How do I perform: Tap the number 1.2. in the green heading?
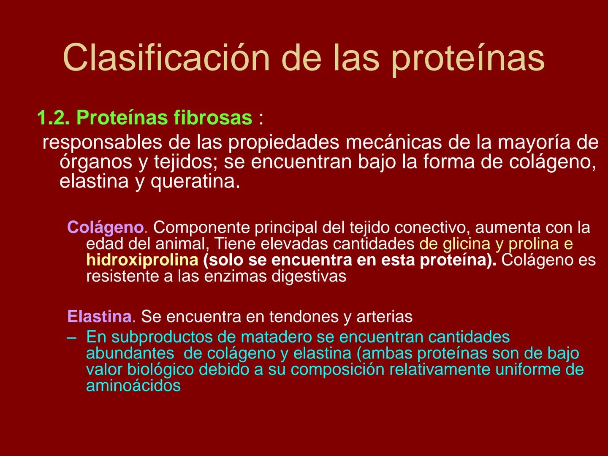(x=53, y=117)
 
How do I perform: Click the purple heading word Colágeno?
(x=106, y=228)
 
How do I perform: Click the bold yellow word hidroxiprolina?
(x=142, y=260)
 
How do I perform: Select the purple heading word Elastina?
(x=99, y=316)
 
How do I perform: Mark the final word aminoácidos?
(x=133, y=385)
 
